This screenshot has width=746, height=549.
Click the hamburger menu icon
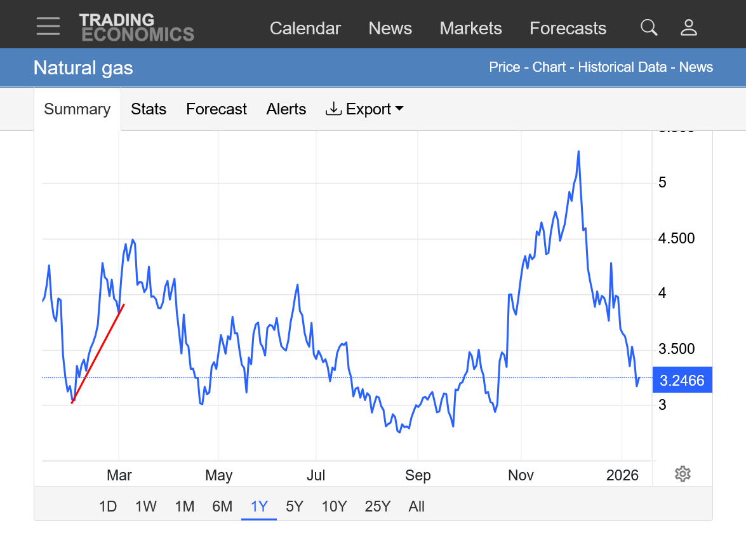coord(48,27)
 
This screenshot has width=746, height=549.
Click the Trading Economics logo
coord(137,27)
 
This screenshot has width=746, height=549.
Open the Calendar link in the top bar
coord(305,29)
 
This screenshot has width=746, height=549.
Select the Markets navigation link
coord(470,29)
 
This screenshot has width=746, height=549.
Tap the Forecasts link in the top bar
coord(568,29)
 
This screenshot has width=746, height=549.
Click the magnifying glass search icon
coord(649,27)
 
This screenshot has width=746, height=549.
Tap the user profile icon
coord(689,27)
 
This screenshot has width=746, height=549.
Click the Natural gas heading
coord(83,67)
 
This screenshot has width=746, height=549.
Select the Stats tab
coord(149,109)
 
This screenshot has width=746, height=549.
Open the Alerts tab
coord(286,109)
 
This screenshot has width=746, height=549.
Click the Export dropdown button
coord(364,109)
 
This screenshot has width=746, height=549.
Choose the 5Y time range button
coord(295,506)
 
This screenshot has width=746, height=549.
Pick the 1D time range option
coord(108,506)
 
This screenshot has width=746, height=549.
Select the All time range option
coord(416,506)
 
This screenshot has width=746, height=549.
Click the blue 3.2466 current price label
coord(682,381)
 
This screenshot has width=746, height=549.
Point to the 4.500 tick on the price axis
coord(677,238)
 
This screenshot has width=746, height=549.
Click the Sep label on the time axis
coord(418,475)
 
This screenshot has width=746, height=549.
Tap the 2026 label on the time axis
coord(622,475)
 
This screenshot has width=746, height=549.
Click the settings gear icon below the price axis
coord(683,473)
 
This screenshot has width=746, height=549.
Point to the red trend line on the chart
coord(98,353)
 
